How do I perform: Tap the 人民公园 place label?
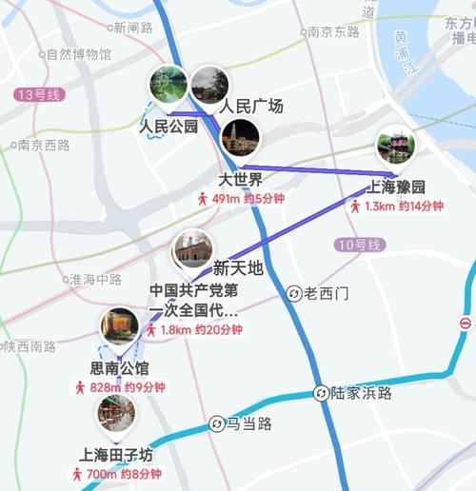click(x=169, y=126)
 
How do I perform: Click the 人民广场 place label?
click(x=251, y=107)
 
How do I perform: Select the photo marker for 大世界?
click(x=240, y=138)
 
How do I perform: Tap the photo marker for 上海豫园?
click(x=395, y=147)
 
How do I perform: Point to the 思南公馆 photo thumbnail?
click(x=120, y=327)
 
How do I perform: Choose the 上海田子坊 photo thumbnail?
click(x=116, y=413)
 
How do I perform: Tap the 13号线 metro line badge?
click(x=39, y=94)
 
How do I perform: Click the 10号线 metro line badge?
click(x=360, y=245)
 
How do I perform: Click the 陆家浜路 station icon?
click(x=322, y=393)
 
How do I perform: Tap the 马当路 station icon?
click(x=217, y=423)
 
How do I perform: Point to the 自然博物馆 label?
click(x=71, y=54)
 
